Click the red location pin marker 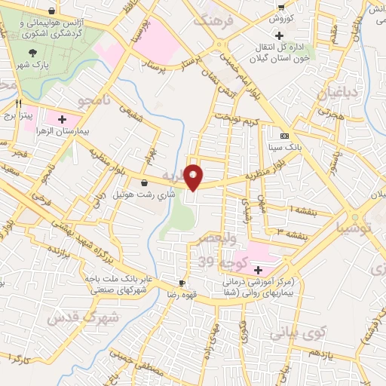click(x=194, y=176)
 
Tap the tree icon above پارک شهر click(x=32, y=53)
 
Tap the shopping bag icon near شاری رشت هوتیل click(x=144, y=183)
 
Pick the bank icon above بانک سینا click(x=283, y=136)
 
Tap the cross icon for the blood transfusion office click(x=279, y=35)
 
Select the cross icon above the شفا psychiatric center click(x=259, y=270)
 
